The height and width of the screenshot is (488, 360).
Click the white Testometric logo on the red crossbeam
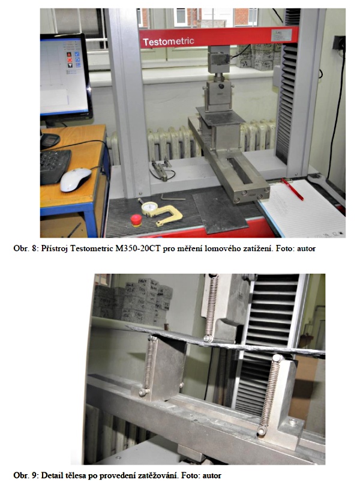(168, 41)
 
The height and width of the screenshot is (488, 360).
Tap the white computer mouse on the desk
(76, 179)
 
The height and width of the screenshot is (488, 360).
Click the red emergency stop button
(136, 220)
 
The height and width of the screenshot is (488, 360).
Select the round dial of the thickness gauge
(149, 207)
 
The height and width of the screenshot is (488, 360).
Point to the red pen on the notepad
(292, 189)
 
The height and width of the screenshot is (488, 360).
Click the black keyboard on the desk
(55, 165)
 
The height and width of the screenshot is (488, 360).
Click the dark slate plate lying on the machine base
(220, 212)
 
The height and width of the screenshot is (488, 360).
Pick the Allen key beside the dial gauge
(173, 197)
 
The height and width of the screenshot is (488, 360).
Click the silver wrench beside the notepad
(326, 189)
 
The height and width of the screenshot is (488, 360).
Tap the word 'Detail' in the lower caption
(52, 475)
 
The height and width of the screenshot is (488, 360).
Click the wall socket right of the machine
(339, 43)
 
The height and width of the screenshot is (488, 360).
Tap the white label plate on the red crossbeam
(281, 35)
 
